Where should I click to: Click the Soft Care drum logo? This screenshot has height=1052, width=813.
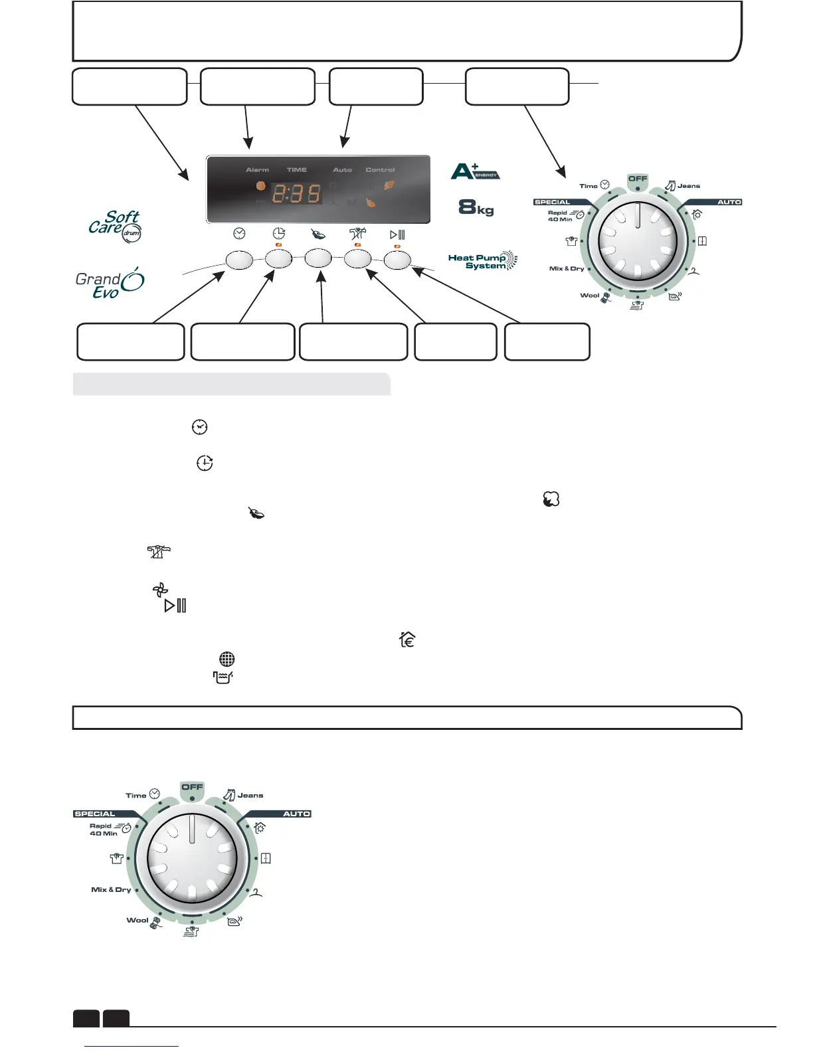pyautogui.click(x=115, y=225)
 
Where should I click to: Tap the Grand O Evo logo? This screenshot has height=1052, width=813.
pyautogui.click(x=110, y=284)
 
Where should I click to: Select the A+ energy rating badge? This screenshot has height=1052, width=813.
pyautogui.click(x=474, y=171)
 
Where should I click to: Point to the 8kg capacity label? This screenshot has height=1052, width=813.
pyautogui.click(x=476, y=208)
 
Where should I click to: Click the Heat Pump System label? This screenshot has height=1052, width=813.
pyautogui.click(x=482, y=262)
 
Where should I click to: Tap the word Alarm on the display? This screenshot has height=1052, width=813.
pyautogui.click(x=257, y=170)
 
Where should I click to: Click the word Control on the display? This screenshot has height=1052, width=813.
pyautogui.click(x=380, y=170)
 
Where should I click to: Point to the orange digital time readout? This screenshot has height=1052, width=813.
pyautogui.click(x=296, y=194)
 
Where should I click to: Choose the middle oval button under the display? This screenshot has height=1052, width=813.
pyautogui.click(x=318, y=258)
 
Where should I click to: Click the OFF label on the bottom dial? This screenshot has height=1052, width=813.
pyautogui.click(x=192, y=787)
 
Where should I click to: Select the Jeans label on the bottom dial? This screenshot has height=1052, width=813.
pyautogui.click(x=250, y=795)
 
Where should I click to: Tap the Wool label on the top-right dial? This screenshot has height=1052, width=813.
pyautogui.click(x=590, y=296)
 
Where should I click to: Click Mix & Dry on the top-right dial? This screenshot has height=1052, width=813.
pyautogui.click(x=567, y=268)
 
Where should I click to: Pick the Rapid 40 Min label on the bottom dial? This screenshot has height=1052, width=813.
pyautogui.click(x=103, y=830)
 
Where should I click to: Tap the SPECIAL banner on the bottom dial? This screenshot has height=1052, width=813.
pyautogui.click(x=95, y=814)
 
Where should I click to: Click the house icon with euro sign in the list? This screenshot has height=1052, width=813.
pyautogui.click(x=407, y=640)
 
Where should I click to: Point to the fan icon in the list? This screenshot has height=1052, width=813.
pyautogui.click(x=160, y=589)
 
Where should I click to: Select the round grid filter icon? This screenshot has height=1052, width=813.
pyautogui.click(x=226, y=659)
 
